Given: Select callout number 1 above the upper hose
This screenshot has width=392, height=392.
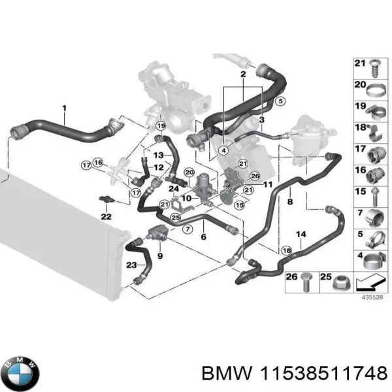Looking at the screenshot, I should coord(64,107).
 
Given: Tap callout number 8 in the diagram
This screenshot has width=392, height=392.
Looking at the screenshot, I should coord(289,203).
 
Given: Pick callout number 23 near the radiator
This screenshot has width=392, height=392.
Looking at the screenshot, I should coord(131,265).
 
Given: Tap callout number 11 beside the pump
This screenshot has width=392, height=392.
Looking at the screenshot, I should coord(268,185).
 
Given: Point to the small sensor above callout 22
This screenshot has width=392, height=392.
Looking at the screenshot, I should coord(105,198).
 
